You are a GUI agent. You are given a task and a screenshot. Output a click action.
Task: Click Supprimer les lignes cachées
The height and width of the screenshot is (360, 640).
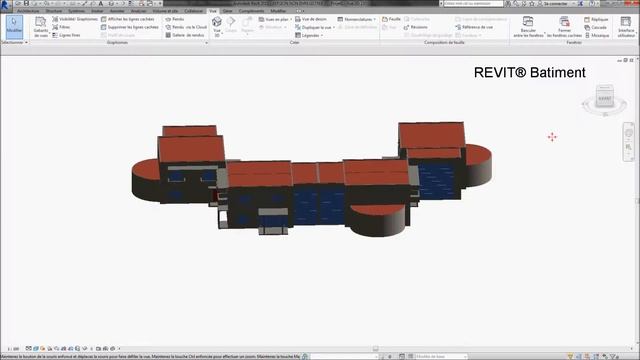click(x=134, y=27)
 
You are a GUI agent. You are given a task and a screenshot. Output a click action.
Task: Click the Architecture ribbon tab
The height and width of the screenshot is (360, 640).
click(x=27, y=11)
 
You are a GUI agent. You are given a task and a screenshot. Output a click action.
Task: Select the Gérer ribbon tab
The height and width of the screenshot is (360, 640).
click(x=228, y=11)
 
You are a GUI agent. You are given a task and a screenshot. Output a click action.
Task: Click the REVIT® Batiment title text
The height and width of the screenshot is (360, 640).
click(x=529, y=73)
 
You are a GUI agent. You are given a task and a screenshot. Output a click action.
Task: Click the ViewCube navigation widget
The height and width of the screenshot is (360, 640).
click(x=603, y=100)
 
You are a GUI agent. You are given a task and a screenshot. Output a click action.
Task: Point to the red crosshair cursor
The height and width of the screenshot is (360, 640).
click(x=552, y=137)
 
